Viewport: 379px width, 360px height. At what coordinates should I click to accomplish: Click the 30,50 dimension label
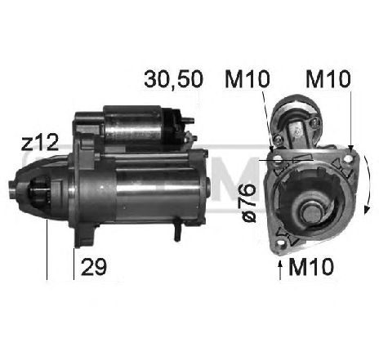point(174,79)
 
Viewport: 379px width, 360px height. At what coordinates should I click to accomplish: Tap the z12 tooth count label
point(40,143)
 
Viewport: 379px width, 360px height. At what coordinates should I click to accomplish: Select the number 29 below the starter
point(94,267)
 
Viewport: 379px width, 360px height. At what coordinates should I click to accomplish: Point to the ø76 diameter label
point(248,202)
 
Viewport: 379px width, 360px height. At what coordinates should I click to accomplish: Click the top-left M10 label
point(247,79)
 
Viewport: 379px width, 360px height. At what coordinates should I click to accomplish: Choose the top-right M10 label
point(328,79)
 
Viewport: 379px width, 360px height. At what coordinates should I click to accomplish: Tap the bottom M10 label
point(311,267)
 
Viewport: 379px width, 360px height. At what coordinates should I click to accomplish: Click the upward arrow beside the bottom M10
point(280,269)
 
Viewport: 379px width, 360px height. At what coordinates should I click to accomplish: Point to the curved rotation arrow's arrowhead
point(367,209)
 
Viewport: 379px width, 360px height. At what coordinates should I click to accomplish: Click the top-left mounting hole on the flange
point(278,160)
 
